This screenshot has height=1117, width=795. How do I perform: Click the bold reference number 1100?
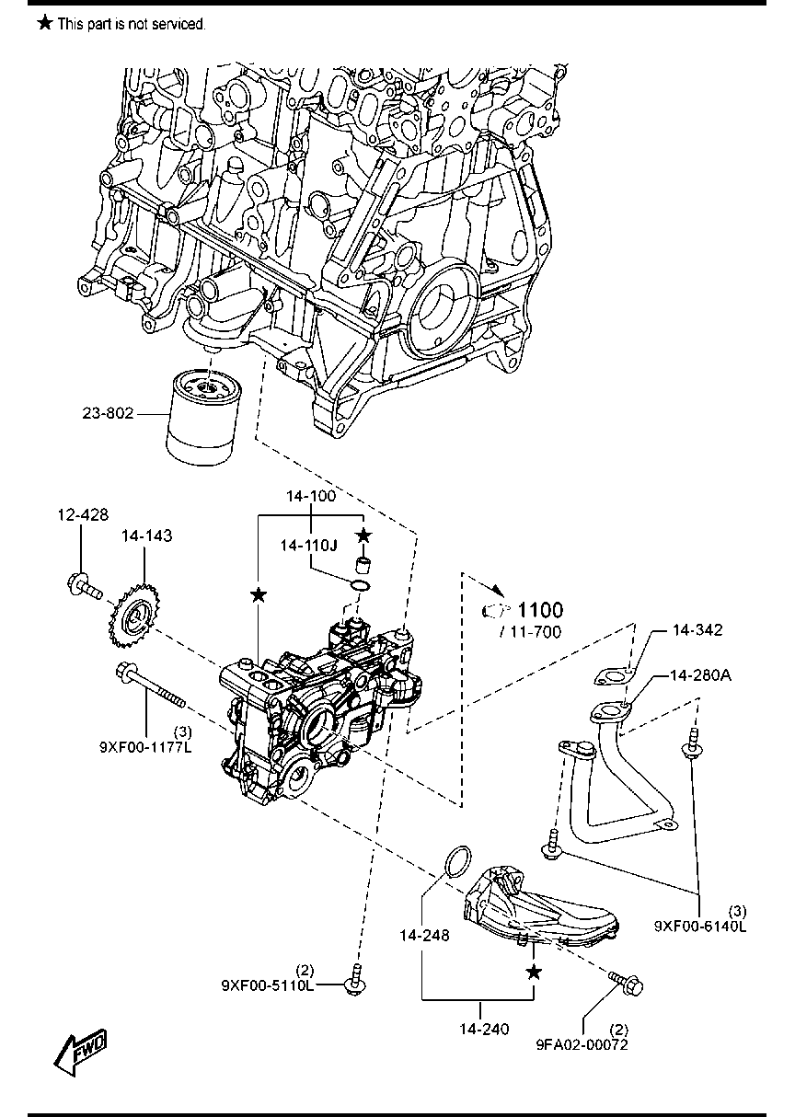click(x=541, y=609)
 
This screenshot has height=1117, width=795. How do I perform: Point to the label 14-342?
click(x=697, y=630)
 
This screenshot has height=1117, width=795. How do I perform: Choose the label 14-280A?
click(x=700, y=675)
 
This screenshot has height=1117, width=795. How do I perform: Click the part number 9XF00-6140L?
click(x=700, y=926)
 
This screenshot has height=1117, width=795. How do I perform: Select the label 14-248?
click(x=424, y=936)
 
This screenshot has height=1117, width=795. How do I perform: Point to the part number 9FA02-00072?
click(x=582, y=1043)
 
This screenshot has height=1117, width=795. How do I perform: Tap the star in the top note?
click(x=43, y=23)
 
